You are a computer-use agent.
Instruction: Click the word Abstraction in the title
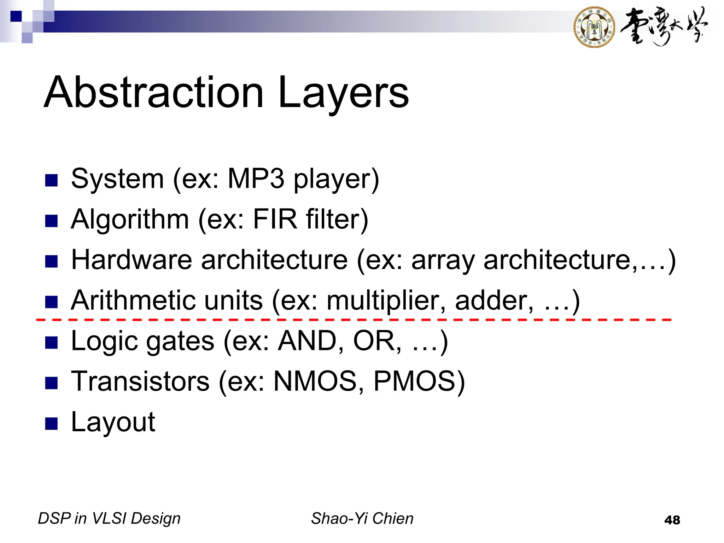(154, 93)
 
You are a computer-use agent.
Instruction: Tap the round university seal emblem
(594, 27)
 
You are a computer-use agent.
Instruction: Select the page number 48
(672, 520)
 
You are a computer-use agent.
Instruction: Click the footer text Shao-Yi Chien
(362, 519)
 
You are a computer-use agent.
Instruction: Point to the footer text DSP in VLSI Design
(109, 519)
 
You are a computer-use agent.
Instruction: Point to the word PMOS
(414, 381)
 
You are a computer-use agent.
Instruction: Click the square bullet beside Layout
(52, 423)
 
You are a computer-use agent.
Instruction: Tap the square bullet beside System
(52, 180)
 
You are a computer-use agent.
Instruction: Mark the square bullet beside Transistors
(52, 383)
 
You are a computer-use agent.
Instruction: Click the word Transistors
(140, 381)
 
